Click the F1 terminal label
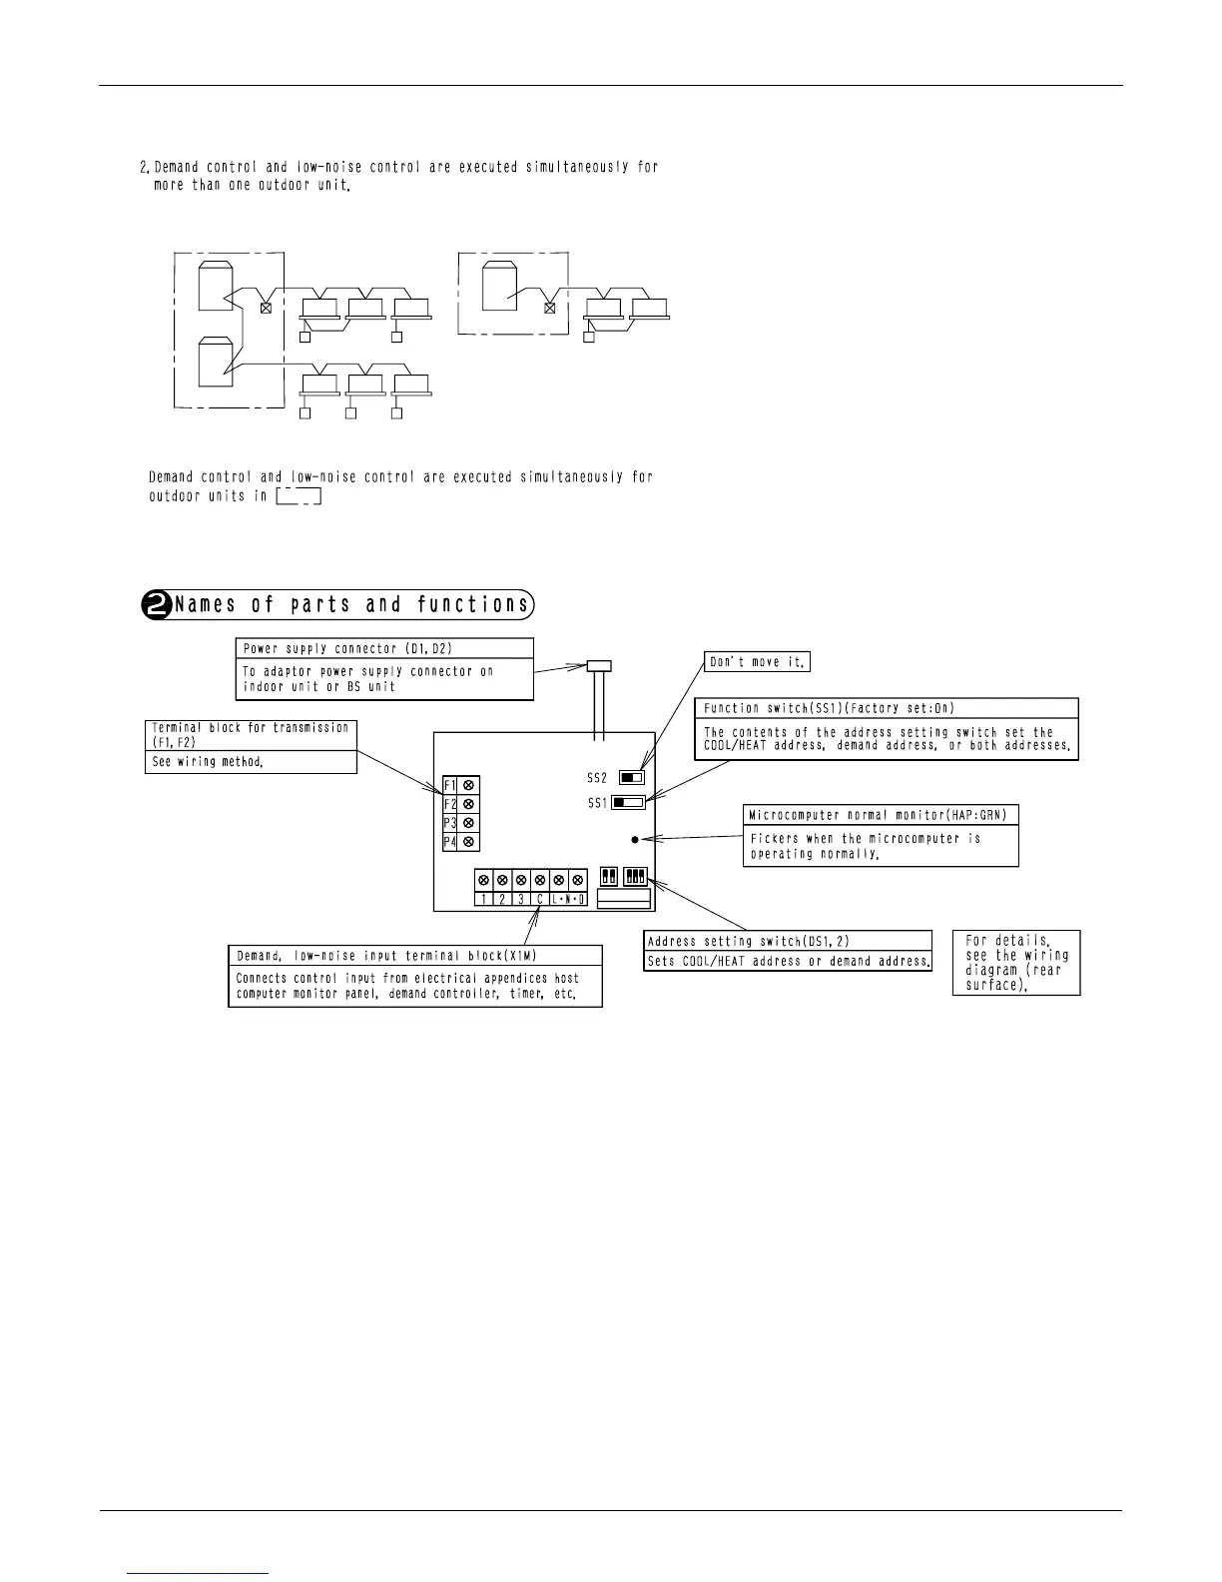(450, 785)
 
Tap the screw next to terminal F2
(469, 804)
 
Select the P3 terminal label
(450, 823)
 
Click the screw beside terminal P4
(469, 843)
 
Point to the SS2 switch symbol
(632, 777)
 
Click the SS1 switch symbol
(628, 802)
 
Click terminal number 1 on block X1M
(483, 899)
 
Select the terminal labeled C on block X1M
(540, 899)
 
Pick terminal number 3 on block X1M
(521, 899)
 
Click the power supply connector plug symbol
(598, 665)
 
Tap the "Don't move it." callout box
(756, 662)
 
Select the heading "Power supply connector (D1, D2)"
(347, 649)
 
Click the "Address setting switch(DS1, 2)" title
(749, 941)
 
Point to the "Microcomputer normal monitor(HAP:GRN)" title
(879, 816)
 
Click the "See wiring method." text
(208, 762)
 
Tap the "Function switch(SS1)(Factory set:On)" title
(829, 708)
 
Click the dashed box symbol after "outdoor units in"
(298, 496)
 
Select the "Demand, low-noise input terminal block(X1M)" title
(386, 956)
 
